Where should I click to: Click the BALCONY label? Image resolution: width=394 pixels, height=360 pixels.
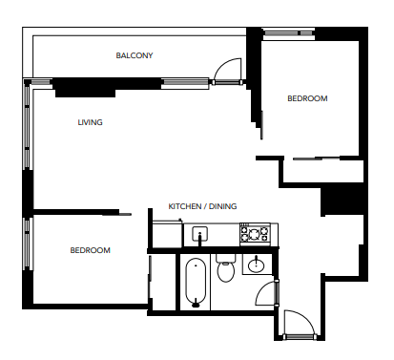tap(135, 55)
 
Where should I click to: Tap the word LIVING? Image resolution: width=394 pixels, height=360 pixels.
tap(91, 123)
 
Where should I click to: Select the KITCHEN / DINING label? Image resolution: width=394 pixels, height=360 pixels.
tap(202, 206)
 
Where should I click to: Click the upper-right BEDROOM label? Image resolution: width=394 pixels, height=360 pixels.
tap(307, 98)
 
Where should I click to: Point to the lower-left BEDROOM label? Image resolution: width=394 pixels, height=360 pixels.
tap(90, 250)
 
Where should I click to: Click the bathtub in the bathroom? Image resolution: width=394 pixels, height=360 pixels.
tap(196, 283)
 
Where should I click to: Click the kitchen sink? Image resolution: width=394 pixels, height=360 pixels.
tap(201, 233)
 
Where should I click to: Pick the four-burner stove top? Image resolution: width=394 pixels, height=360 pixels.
tap(255, 232)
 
